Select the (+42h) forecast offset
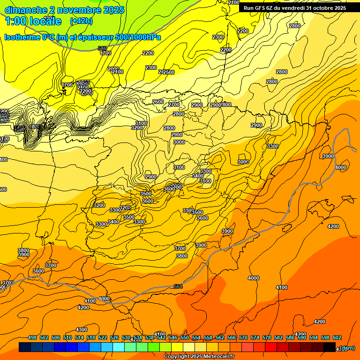(81, 21)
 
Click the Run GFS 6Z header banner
(295, 8)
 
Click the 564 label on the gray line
(178, 286)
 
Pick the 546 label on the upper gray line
(102, 48)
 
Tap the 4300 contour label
(82, 330)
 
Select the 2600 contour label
(158, 102)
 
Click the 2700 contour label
(174, 105)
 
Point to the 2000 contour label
(113, 69)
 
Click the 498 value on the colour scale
(32, 337)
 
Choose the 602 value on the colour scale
(337, 337)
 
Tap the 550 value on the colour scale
(184, 337)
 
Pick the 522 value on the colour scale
(103, 337)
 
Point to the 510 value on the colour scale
(67, 337)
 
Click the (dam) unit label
(347, 348)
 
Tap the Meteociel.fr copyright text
(199, 356)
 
